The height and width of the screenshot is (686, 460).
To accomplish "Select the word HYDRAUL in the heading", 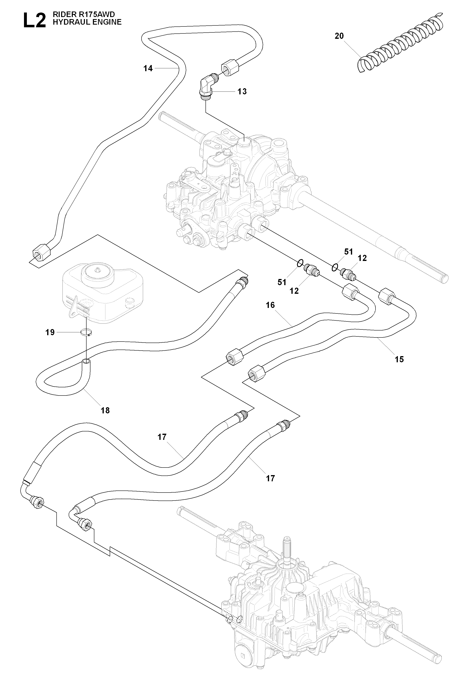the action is pos(67,22).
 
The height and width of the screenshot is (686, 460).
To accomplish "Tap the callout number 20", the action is pos(339,36).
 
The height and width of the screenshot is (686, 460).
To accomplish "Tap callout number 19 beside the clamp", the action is pos(50,333).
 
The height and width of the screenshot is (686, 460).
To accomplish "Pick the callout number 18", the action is pos(105,410).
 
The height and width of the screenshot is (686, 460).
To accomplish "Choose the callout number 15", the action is pos(399,359).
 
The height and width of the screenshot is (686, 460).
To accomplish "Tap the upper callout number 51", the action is pos(348,252).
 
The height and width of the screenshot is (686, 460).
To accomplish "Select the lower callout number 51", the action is pos(282,282).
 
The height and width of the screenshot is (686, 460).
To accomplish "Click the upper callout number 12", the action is pos(363,258).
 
